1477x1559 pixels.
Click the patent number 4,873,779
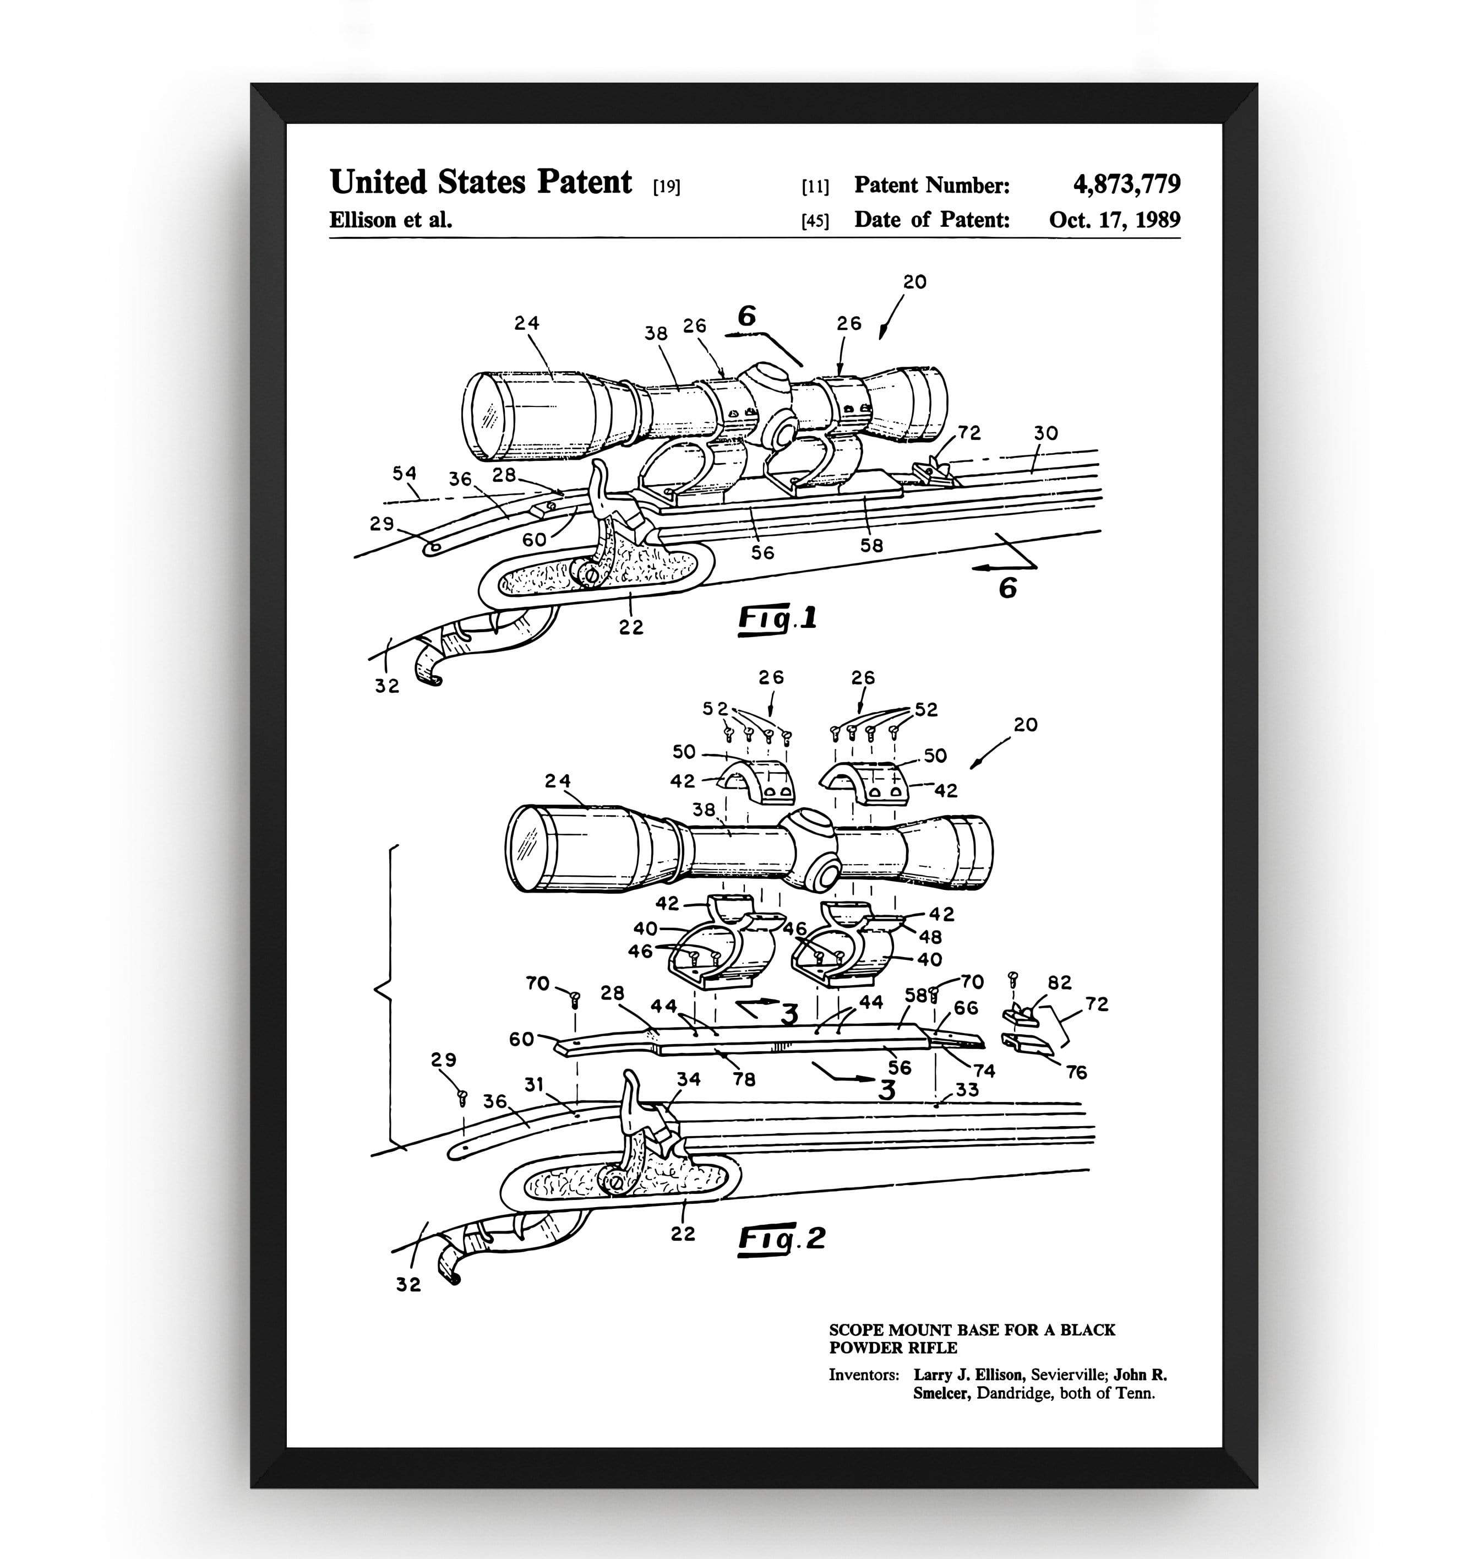1126,184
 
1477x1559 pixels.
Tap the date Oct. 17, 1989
1114,220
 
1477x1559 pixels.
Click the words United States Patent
480,183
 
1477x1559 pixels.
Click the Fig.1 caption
777,618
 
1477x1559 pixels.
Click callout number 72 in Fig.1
969,432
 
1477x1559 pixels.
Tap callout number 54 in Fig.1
405,473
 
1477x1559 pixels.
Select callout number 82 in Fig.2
1060,982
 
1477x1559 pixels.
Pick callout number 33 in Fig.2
967,1090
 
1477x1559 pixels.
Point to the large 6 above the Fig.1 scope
746,316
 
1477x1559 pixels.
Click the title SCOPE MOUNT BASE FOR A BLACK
972,1330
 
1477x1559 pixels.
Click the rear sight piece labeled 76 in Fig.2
1027,1045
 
